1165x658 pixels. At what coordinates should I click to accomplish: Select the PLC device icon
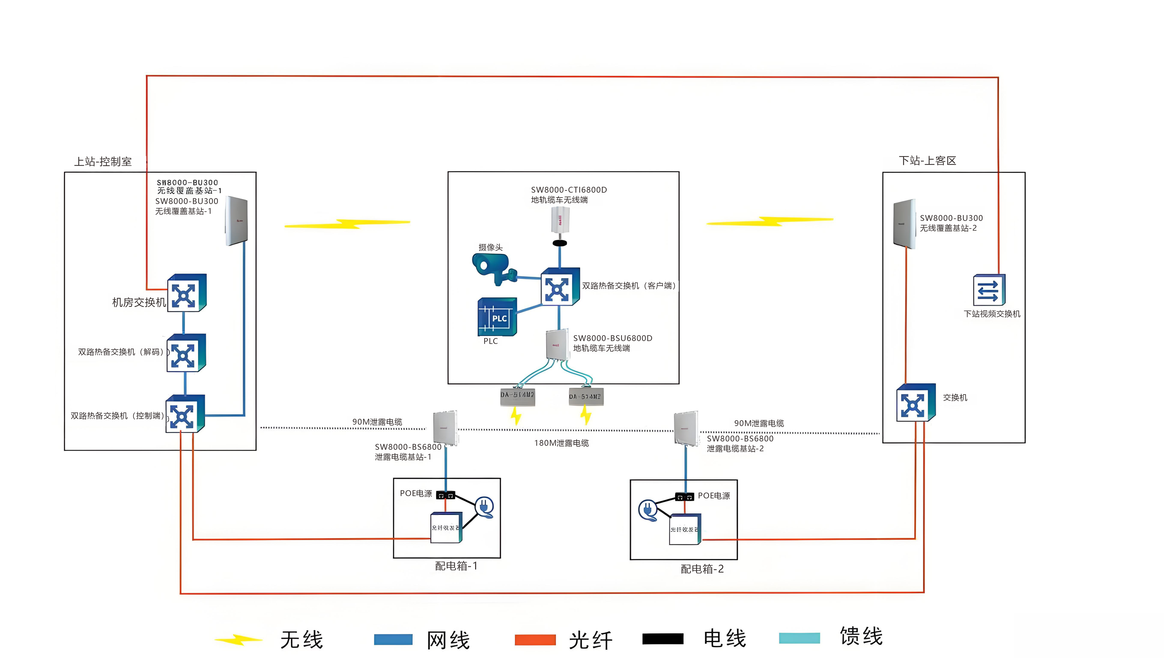pyautogui.click(x=497, y=317)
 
